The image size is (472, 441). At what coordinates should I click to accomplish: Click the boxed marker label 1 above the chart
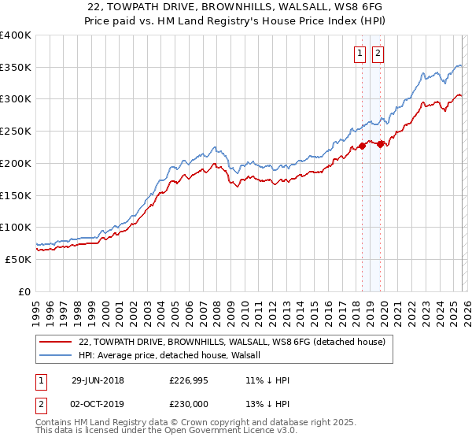coord(360,54)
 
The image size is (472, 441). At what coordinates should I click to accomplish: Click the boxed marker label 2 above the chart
coord(378,54)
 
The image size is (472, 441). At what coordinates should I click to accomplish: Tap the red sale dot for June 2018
coord(363,146)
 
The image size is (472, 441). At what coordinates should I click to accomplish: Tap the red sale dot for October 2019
coord(380,143)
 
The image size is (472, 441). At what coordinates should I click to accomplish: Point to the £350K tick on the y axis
coord(16,68)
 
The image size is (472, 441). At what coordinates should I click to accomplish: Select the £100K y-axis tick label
coord(16,227)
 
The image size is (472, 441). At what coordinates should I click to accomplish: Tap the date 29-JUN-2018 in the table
coord(98,380)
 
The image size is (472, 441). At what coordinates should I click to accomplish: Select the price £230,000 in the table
coord(190,403)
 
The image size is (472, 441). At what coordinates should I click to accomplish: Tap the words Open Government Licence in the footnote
coord(215,432)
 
